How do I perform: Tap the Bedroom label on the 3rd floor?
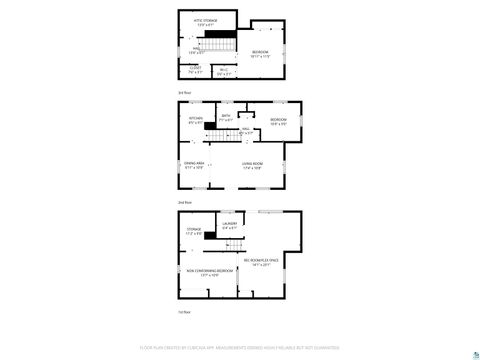coord(260,53)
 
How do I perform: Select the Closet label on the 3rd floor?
coord(195,70)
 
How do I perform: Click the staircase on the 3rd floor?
coord(218,44)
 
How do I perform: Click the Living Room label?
coord(251,165)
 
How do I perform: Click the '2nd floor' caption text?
coord(183,203)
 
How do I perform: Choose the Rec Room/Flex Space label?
coord(263,264)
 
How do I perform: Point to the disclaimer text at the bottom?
coord(240,349)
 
